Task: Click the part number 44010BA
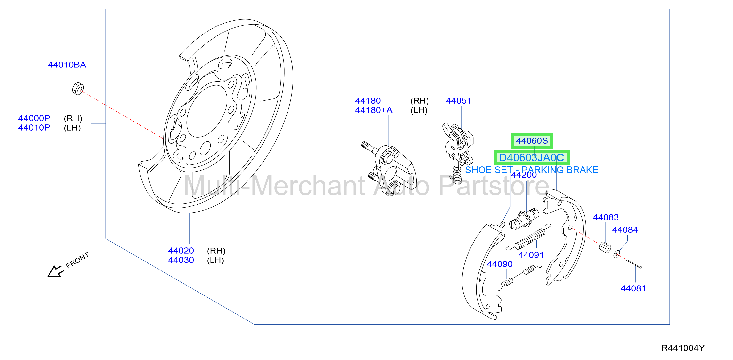coord(67,65)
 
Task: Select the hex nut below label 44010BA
coord(78,89)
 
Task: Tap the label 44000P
coord(34,118)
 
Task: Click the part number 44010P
coord(34,128)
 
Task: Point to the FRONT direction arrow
coord(55,271)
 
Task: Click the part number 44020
coord(181,251)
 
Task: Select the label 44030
coord(181,260)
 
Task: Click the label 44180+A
coord(374,110)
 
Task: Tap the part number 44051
coord(458,101)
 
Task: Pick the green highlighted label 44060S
coord(532,141)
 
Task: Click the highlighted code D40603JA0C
coord(532,157)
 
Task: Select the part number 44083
coord(606,217)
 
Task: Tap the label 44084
coord(625,230)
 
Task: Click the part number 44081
coord(633,289)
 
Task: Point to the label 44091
coord(531,255)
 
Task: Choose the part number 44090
coord(500,264)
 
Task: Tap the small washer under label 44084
coord(616,254)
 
